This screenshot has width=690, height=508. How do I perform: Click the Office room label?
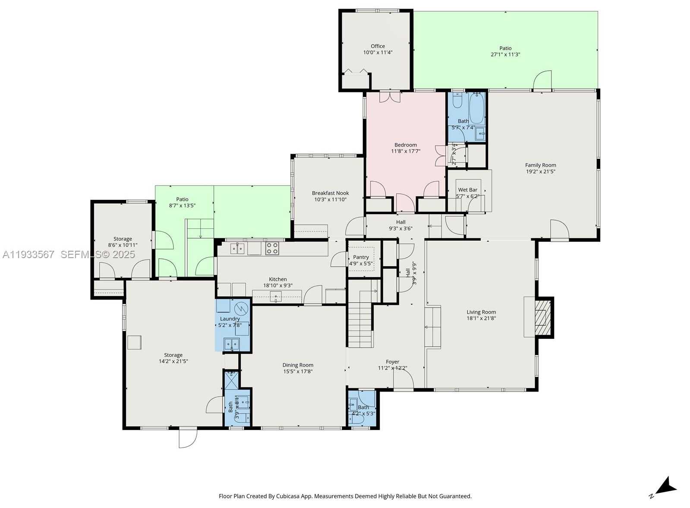pos(378,46)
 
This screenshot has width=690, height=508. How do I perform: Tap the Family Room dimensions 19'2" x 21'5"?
pos(540,171)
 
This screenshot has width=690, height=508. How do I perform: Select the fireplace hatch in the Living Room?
pos(542,317)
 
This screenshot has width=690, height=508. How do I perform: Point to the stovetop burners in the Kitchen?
pos(272,248)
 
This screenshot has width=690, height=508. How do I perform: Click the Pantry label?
pos(361,257)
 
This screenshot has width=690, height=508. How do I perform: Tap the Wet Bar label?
pos(468,190)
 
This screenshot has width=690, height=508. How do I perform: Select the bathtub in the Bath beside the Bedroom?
pos(476,108)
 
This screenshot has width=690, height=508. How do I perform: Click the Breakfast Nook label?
pos(330,193)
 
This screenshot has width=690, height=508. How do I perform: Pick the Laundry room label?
pos(229,319)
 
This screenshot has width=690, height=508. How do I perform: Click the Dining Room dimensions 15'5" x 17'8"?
pos(298,371)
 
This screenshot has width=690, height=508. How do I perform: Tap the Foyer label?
pos(392,362)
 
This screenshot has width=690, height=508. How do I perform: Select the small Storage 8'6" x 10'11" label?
pos(123,239)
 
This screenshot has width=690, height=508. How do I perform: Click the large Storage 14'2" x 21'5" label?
pos(173,355)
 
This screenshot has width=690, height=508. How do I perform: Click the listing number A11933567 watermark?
pos(28,255)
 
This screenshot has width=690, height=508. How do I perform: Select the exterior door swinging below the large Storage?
pos(188,437)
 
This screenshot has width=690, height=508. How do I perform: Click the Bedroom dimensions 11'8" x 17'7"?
pos(406,151)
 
